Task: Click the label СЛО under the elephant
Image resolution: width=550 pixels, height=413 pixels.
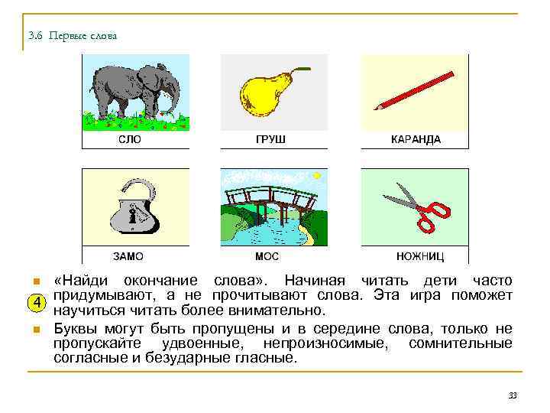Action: tap(129, 140)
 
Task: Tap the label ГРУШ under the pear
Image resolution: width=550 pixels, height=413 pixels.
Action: tap(270, 140)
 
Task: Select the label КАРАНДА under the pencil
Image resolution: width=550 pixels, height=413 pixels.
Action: tap(416, 140)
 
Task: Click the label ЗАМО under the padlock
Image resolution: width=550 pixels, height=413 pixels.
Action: tap(128, 256)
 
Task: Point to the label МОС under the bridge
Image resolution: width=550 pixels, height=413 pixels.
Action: tap(267, 256)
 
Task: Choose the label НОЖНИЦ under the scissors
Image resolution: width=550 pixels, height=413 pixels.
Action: tap(420, 256)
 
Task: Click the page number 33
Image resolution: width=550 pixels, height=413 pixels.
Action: tap(513, 395)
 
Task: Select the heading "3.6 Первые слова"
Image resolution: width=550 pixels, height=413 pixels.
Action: tap(72, 36)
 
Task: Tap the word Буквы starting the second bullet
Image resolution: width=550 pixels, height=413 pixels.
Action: tap(75, 329)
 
